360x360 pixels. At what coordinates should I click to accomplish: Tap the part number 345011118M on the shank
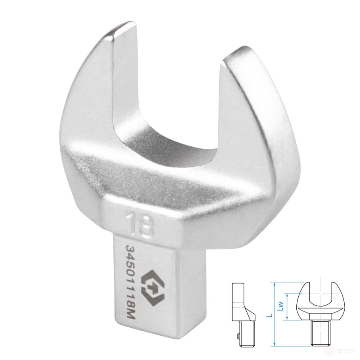[131, 282]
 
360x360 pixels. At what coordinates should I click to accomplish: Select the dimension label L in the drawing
[271, 316]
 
